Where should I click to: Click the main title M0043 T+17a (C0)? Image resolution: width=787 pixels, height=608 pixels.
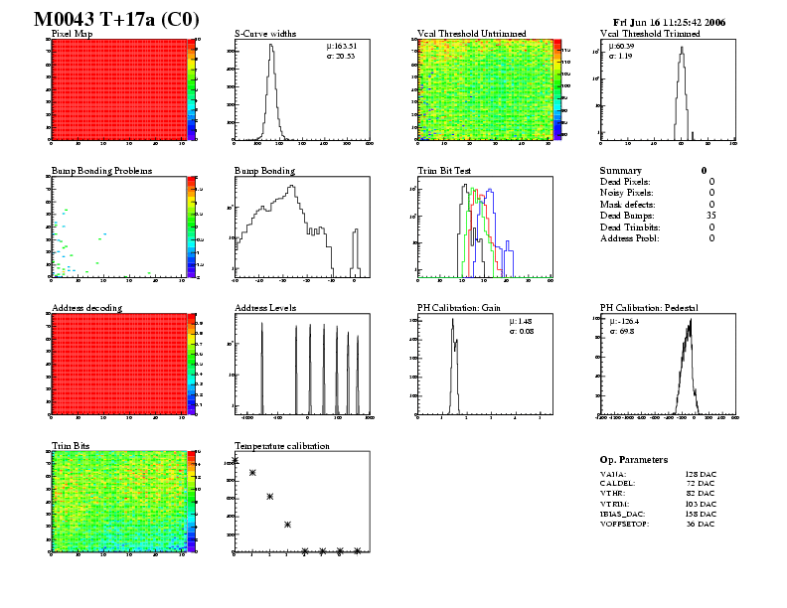tap(116, 19)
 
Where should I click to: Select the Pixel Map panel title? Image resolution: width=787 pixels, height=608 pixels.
tap(72, 34)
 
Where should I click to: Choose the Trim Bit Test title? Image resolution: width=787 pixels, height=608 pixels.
tap(444, 171)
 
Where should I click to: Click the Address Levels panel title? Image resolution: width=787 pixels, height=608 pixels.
tap(265, 308)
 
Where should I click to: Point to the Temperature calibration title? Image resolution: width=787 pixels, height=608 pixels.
tap(281, 446)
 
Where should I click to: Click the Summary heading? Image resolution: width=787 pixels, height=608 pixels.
tap(621, 171)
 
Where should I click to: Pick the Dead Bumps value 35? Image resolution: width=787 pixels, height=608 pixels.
tap(708, 216)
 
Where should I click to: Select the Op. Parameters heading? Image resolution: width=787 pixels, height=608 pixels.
tap(634, 460)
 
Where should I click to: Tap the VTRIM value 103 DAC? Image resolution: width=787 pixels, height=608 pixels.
tap(700, 504)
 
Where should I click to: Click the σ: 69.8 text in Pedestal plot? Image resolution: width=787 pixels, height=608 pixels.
tap(622, 331)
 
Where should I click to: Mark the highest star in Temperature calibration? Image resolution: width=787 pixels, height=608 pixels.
tap(236, 462)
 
